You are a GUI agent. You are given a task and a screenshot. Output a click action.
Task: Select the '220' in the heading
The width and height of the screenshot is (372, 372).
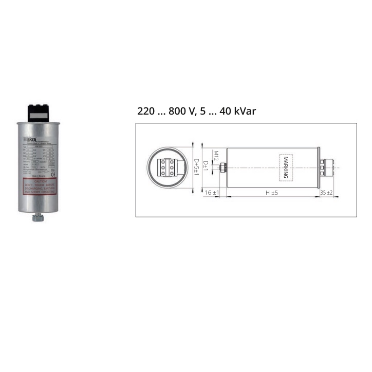pyautogui.click(x=146, y=111)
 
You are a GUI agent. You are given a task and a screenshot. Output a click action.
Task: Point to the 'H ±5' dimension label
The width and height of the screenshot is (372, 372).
pyautogui.click(x=271, y=193)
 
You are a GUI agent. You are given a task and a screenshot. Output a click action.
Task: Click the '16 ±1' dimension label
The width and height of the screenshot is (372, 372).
pyautogui.click(x=212, y=193)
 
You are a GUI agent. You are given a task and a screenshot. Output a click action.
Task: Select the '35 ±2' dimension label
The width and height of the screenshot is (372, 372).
pyautogui.click(x=327, y=193)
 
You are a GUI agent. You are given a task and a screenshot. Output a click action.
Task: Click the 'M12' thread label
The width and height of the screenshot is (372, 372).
pyautogui.click(x=216, y=155)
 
